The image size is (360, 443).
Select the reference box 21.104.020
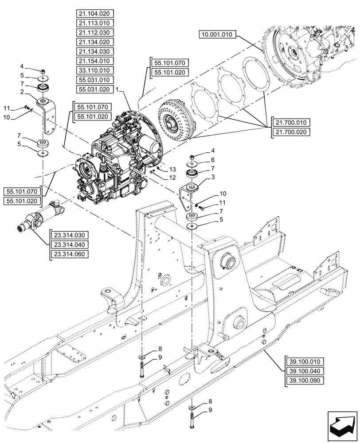(95, 13)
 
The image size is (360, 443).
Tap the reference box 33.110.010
(95, 70)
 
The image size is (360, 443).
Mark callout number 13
(172, 170)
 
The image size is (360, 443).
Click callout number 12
(172, 178)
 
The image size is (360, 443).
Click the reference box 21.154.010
(95, 61)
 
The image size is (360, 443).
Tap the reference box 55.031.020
(95, 89)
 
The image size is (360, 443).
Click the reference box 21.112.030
(95, 32)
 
